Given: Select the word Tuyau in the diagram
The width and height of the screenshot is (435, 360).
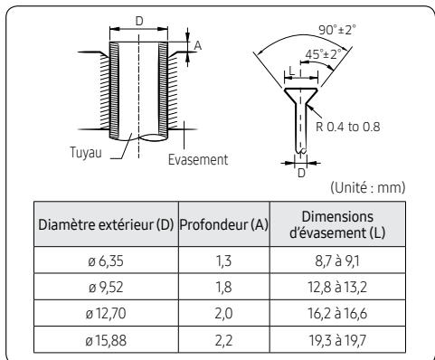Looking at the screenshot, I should pyautogui.click(x=84, y=149).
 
